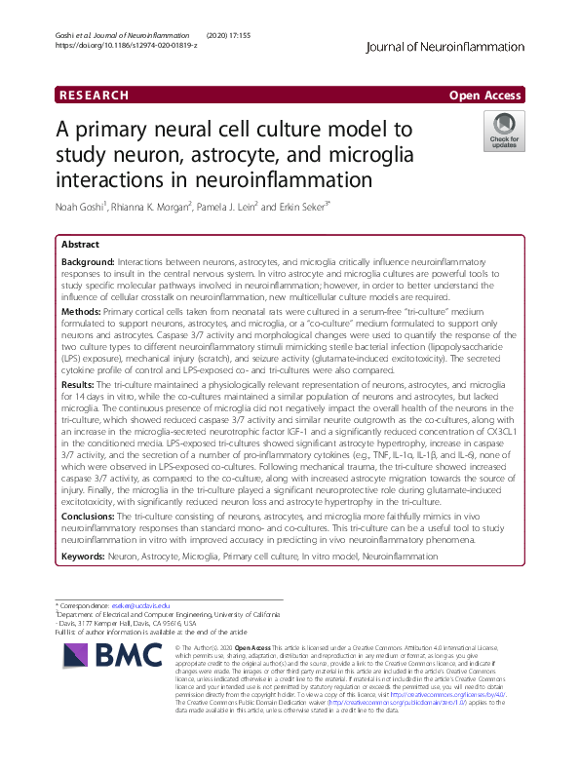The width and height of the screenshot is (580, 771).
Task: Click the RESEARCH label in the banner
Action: point(95,96)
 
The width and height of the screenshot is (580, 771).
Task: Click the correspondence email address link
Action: point(139,605)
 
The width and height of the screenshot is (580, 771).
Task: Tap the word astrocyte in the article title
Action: point(243,155)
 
